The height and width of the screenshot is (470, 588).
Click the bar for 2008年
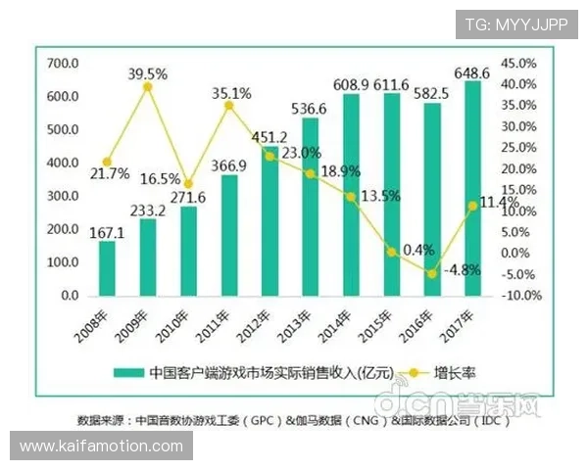pos(107,267)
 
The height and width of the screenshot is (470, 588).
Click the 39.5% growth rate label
pos(147,72)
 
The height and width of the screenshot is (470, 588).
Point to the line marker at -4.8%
pos(431,274)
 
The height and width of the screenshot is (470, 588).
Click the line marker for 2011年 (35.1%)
pos(228,105)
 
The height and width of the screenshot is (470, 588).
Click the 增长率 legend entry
pos(454,372)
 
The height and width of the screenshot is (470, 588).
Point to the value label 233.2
pos(148,210)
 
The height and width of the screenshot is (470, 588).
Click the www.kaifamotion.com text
pos(102,446)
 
